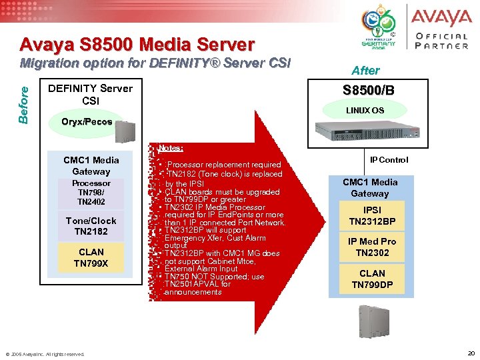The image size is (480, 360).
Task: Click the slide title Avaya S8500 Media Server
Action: click(137, 45)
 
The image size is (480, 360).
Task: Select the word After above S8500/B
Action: click(365, 70)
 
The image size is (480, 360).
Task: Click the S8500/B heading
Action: click(368, 91)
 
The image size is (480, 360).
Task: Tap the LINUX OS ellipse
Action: click(364, 110)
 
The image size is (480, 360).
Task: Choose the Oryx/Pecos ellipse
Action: click(87, 122)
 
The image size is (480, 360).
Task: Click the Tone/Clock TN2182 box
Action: click(91, 226)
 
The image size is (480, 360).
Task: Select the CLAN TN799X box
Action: click(91, 258)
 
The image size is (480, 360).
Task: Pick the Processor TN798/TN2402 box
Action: click(91, 192)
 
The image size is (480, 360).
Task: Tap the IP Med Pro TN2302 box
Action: click(372, 247)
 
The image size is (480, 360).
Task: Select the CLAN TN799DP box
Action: click(372, 279)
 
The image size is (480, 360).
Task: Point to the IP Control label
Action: click(389, 160)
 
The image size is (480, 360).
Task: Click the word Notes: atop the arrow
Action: click(171, 148)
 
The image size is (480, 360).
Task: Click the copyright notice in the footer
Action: click(45, 353)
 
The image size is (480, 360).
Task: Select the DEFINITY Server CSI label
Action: click(91, 94)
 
